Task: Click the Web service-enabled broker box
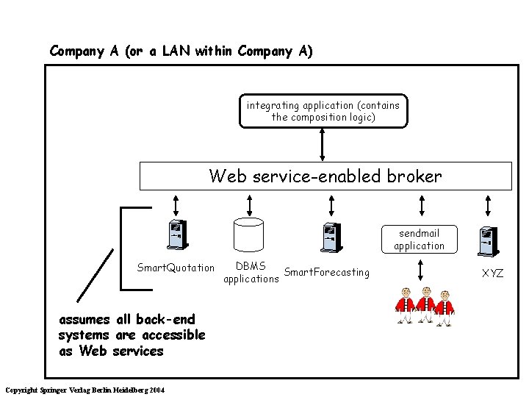(325, 176)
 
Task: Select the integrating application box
(323, 111)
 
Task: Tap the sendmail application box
(419, 239)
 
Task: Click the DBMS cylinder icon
(248, 235)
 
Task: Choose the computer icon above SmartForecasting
(329, 237)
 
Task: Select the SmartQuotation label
(176, 267)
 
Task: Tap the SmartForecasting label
(326, 272)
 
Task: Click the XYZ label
(492, 273)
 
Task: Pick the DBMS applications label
(251, 272)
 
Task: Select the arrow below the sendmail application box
(419, 270)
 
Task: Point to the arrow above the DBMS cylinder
(248, 204)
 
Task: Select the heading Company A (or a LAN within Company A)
(181, 51)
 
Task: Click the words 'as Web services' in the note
(110, 351)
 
